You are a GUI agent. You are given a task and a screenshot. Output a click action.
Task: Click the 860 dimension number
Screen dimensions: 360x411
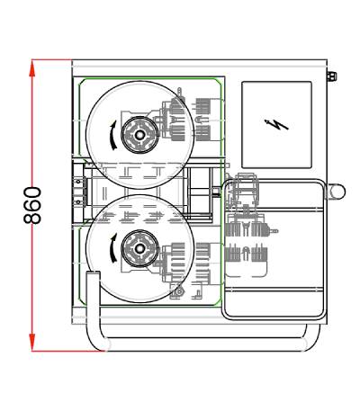(x=32, y=205)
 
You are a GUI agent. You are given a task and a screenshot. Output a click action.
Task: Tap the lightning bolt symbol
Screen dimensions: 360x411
(x=276, y=125)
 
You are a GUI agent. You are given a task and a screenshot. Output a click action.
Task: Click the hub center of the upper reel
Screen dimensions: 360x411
(x=139, y=135)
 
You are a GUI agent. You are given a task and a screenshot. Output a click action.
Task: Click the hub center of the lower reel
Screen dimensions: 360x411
(x=139, y=248)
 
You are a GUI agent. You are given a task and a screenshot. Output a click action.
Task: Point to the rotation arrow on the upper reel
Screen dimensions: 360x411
(x=113, y=135)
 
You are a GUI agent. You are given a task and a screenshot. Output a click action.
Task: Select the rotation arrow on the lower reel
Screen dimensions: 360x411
(x=113, y=248)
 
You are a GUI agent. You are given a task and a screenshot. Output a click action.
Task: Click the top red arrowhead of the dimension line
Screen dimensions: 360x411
(x=32, y=68)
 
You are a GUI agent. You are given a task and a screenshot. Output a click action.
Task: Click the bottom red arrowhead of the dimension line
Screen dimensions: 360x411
(x=32, y=343)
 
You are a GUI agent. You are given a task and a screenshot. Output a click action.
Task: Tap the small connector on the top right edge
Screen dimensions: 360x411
(x=332, y=76)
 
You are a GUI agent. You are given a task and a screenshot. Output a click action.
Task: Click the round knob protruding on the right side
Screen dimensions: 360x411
(x=337, y=192)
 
